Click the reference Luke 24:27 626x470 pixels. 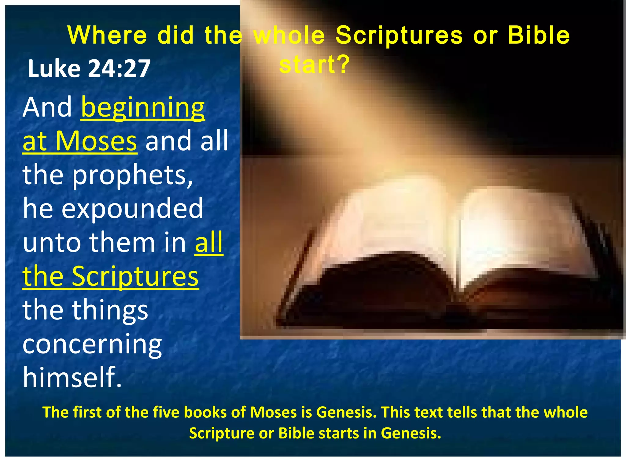click(89, 69)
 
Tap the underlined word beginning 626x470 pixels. click(143, 108)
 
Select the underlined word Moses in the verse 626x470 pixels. click(96, 141)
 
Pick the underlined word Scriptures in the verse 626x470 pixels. click(135, 276)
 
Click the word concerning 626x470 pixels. click(92, 344)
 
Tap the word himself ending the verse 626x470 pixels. click(72, 377)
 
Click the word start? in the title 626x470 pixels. click(314, 65)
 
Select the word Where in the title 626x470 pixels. click(107, 35)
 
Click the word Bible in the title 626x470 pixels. click(539, 35)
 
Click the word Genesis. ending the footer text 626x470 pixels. click(411, 433)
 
